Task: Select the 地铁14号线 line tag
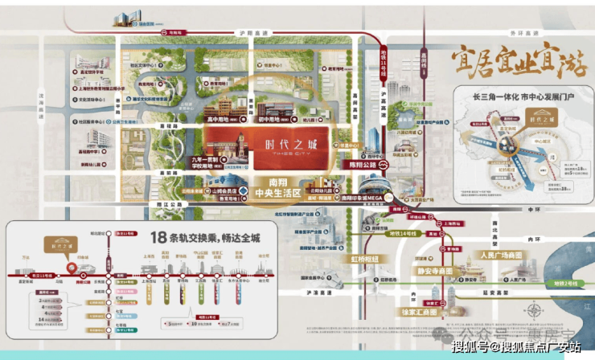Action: (402, 233)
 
